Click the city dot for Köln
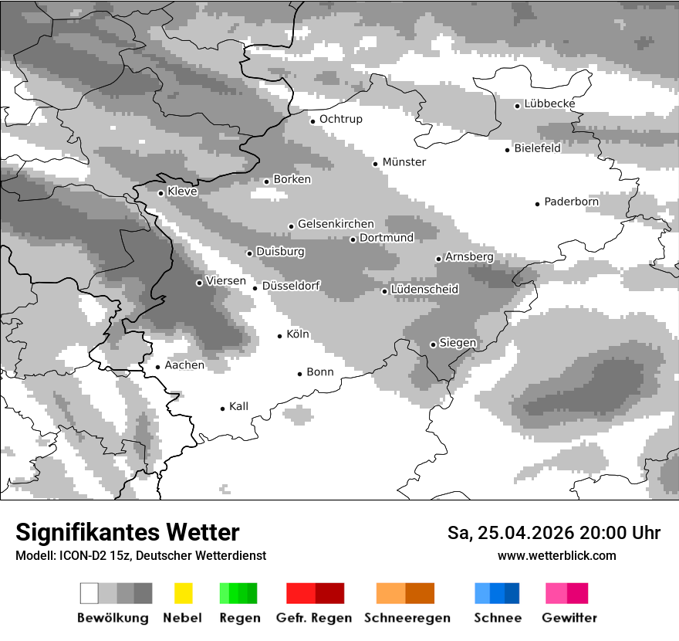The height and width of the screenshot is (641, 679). pyautogui.click(x=280, y=336)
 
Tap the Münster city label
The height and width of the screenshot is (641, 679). pyautogui.click(x=404, y=162)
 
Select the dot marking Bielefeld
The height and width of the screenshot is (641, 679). pyautogui.click(x=508, y=150)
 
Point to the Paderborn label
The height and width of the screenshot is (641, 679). pyautogui.click(x=572, y=202)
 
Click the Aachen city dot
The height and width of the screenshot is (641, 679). pyautogui.click(x=158, y=368)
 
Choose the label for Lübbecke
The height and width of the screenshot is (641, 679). pyautogui.click(x=550, y=103)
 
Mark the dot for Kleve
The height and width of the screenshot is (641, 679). pyautogui.click(x=160, y=193)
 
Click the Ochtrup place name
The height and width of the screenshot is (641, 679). pyautogui.click(x=341, y=119)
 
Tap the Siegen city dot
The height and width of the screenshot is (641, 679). pyautogui.click(x=433, y=344)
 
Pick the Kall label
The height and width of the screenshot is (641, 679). pyautogui.click(x=239, y=406)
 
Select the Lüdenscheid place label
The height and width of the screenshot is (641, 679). pyautogui.click(x=425, y=290)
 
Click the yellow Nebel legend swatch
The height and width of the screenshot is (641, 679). pyautogui.click(x=184, y=593)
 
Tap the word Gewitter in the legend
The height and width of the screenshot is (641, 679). pyautogui.click(x=569, y=618)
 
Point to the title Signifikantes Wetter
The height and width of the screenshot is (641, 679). pyautogui.click(x=127, y=532)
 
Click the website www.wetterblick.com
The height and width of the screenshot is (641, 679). pyautogui.click(x=557, y=555)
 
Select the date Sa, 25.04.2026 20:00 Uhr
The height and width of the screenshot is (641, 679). pyautogui.click(x=554, y=533)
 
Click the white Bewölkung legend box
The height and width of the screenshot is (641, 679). pyautogui.click(x=90, y=593)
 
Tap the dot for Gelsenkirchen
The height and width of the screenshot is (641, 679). pyautogui.click(x=291, y=226)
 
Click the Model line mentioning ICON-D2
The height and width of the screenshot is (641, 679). pyautogui.click(x=140, y=555)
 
